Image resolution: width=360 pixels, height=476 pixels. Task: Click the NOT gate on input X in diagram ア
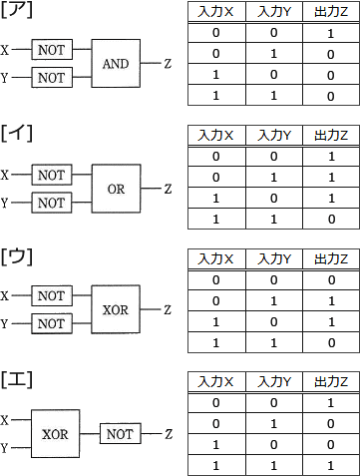coord(50,49)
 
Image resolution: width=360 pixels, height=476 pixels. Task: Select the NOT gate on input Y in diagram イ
coord(50,203)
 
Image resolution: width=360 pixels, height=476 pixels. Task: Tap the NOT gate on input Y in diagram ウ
coord(50,324)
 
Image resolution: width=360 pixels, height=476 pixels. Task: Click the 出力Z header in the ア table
coord(330,11)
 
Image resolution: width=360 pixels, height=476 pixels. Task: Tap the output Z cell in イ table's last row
coord(330,218)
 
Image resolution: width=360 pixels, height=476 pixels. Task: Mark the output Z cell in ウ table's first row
coord(330,279)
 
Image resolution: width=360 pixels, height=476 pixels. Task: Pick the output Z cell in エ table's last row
coord(330,464)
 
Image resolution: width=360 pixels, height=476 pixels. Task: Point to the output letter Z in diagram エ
coord(169,435)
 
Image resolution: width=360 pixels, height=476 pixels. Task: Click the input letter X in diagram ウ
coord(8,296)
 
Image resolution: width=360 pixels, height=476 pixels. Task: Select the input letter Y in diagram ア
coord(8,77)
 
